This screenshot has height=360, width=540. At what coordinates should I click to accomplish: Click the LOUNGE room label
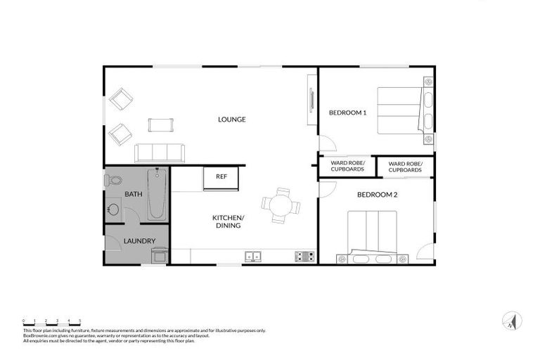[x=231, y=120]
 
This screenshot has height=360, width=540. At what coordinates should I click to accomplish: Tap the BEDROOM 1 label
[x=348, y=112]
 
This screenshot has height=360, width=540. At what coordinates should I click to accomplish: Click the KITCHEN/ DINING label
[x=228, y=221]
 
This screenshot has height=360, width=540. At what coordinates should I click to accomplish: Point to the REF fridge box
[x=221, y=177]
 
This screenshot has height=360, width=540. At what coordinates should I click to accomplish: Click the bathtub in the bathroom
[x=157, y=195]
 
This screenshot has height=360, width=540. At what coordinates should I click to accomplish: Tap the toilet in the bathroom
[x=114, y=182]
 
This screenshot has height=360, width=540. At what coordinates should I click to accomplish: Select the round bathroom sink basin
[x=112, y=210]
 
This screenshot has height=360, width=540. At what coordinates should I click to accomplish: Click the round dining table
[x=281, y=205]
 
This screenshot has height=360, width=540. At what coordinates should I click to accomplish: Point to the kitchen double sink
[x=254, y=257]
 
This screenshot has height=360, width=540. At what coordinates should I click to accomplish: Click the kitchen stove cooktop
[x=304, y=257]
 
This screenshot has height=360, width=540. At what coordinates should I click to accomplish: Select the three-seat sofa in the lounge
[x=160, y=152]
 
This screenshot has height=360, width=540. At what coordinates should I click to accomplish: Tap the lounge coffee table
[x=160, y=125]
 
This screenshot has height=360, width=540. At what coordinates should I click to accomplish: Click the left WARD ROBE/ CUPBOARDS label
[x=347, y=167]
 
